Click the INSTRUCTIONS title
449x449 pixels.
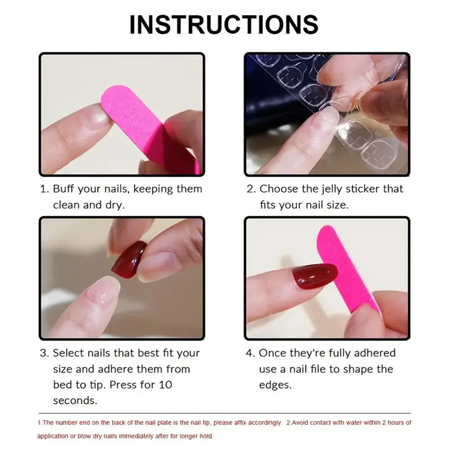[x=224, y=24]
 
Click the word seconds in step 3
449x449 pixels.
[x=75, y=401]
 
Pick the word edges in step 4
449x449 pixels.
[x=275, y=385]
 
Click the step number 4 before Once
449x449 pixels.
[x=250, y=353]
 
